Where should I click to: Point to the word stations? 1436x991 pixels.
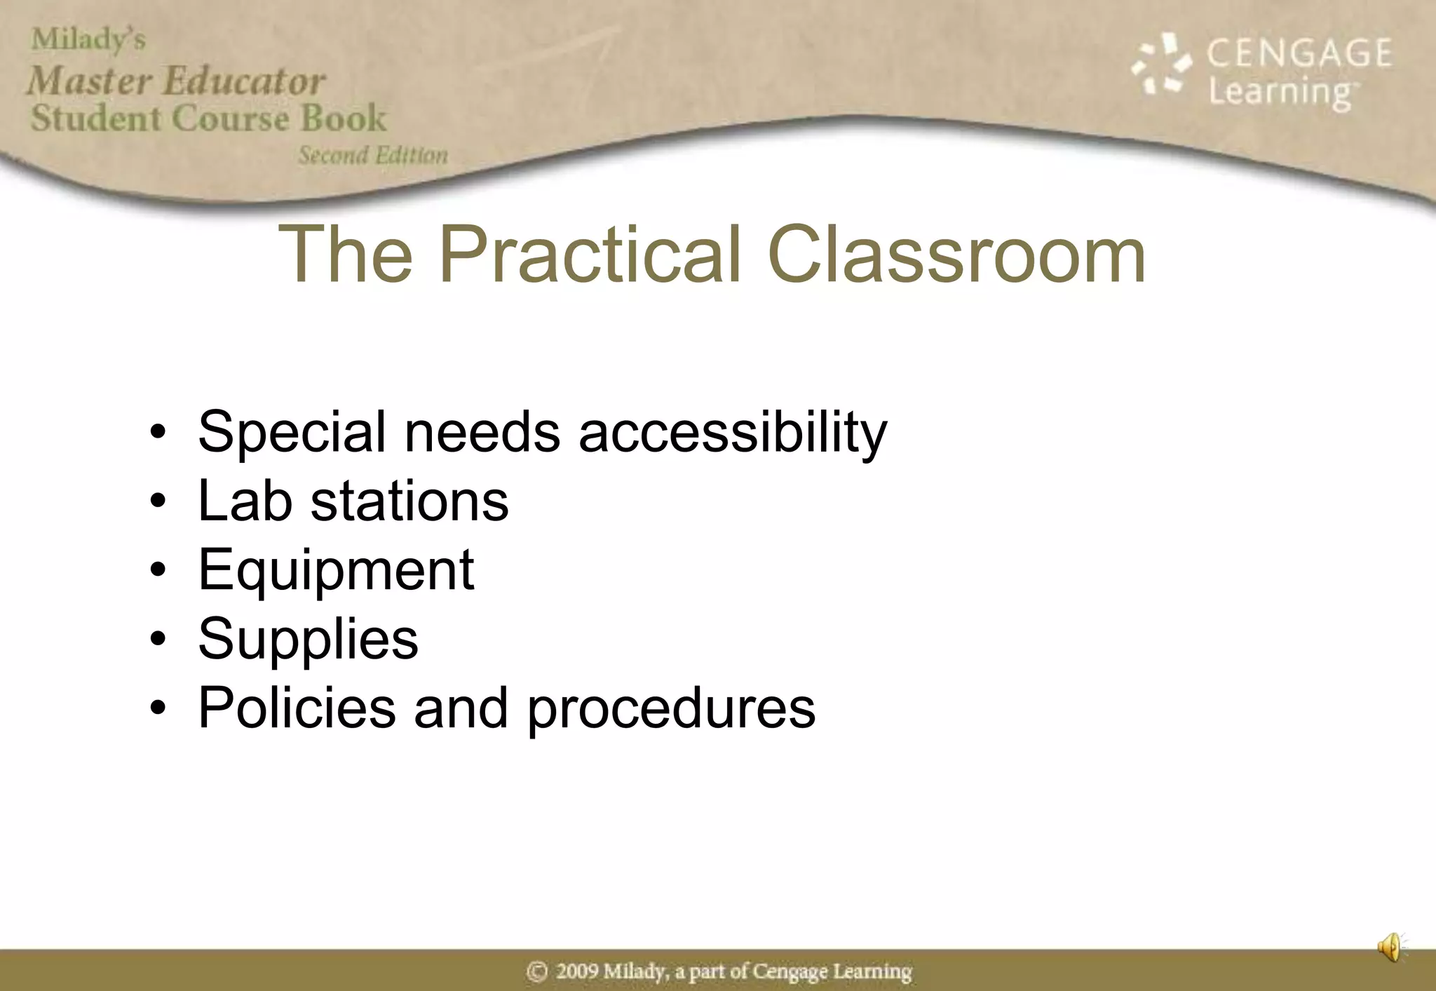pos(409,501)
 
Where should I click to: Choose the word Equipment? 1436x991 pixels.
pos(336,570)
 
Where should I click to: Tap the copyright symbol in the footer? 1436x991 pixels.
pos(536,972)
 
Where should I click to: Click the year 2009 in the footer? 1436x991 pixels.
pos(577,972)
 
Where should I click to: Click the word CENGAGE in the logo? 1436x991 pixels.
pos(1299,54)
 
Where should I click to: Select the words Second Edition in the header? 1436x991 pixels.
pos(373,155)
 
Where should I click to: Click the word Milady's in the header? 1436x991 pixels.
pos(88,40)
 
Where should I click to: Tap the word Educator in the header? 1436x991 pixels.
pos(245,81)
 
